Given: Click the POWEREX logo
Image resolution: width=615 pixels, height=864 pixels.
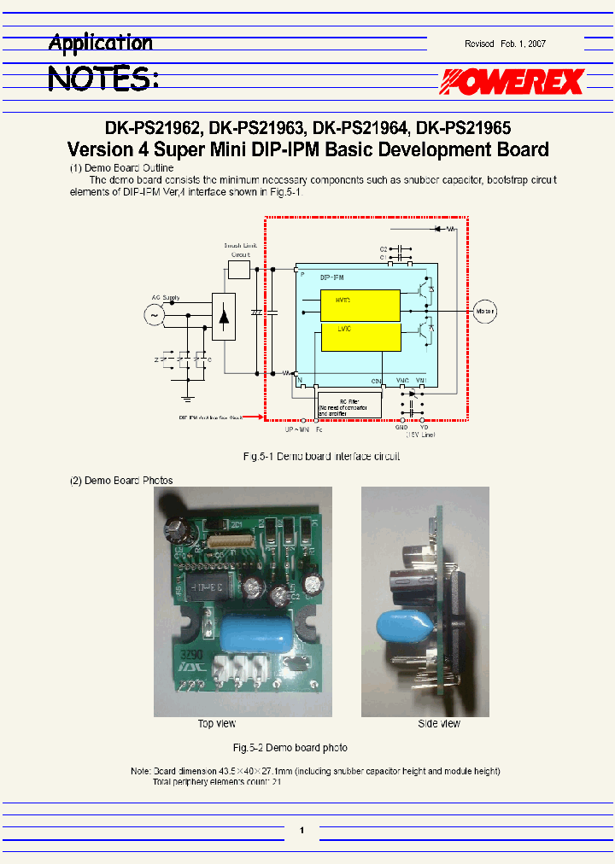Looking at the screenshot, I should (512, 82).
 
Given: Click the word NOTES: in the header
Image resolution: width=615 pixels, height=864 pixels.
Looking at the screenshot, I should (102, 79).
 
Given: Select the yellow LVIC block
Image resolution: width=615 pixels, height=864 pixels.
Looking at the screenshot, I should (360, 338).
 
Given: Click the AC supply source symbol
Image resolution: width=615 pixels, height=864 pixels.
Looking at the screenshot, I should (155, 315).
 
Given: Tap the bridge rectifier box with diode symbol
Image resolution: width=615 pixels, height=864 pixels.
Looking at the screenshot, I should (223, 317).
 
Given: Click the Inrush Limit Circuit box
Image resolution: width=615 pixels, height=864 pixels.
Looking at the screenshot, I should (239, 270).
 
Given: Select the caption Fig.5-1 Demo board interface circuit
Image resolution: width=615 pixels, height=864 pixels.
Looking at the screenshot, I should (322, 457).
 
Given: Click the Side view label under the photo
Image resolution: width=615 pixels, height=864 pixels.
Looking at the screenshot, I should (438, 724).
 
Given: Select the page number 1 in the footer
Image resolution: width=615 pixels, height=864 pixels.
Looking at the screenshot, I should (302, 829).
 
